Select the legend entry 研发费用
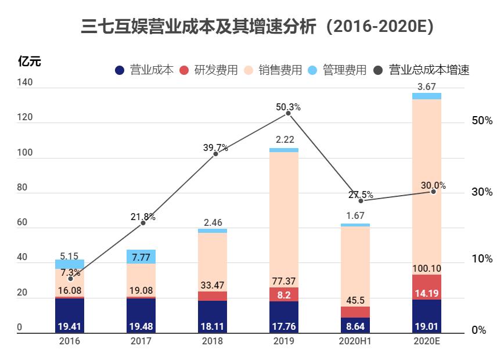210,70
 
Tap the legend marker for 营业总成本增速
379,70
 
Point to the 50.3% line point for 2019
288,113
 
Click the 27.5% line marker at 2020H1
361,200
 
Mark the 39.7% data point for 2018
215,154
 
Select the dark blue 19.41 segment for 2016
70,316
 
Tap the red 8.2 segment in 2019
284,294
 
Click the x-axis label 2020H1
355,341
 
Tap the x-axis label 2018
213,341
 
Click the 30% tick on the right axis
482,192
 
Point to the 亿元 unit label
30,61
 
